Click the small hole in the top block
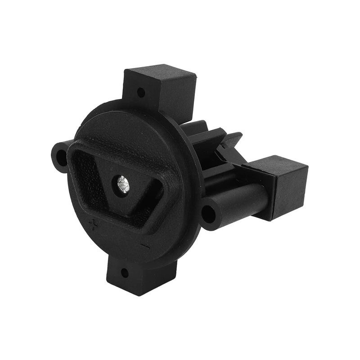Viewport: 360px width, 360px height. pos(140,93)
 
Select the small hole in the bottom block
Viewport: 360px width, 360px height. pos(125,272)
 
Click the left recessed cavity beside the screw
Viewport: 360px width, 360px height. pos(90,175)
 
